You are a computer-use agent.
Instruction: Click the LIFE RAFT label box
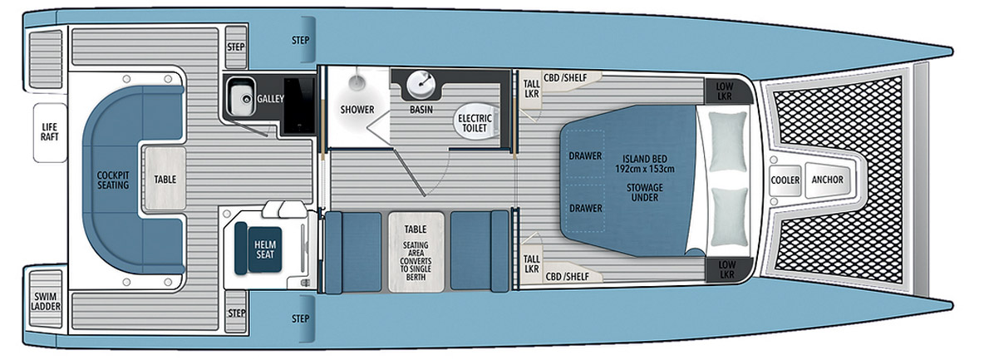coord(50,131)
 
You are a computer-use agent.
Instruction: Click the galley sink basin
coord(242,100)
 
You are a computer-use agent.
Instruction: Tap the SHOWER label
coord(357,110)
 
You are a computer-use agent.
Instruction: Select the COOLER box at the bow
coord(785,180)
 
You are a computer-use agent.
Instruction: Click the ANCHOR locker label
coord(827,180)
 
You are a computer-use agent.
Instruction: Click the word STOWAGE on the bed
coord(645,188)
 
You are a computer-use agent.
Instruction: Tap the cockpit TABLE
coord(165,179)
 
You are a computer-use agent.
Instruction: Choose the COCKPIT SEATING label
coord(113,180)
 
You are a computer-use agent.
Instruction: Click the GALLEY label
coord(270,99)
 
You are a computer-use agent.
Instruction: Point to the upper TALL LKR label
coord(531,88)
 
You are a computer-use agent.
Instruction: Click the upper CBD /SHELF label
coord(565,78)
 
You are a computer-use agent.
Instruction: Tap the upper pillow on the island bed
coord(728,141)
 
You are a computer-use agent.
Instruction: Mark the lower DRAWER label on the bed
coord(585,208)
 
